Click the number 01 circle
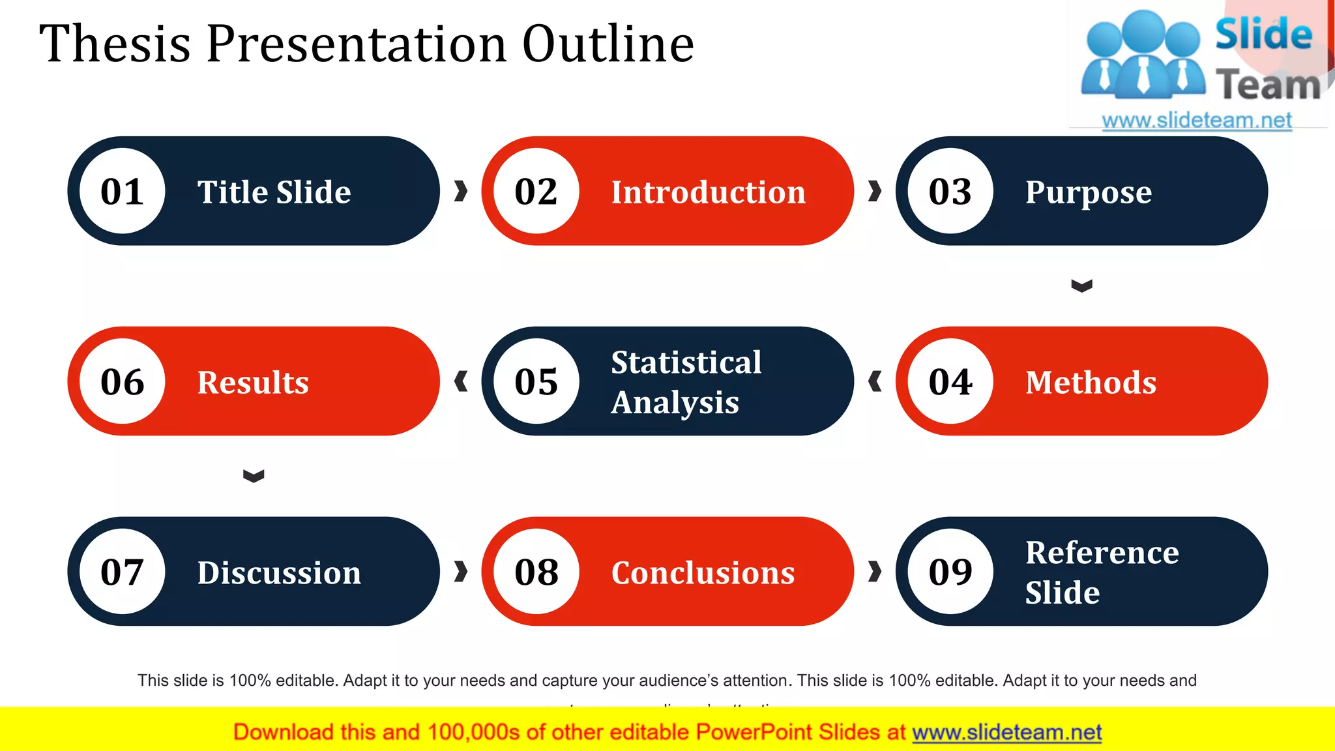point(122,191)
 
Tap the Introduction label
point(708,192)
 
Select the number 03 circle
point(950,191)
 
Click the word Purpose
point(1088,192)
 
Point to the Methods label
point(1091,383)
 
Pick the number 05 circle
point(536,381)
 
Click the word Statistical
point(686,362)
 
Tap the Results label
point(253,383)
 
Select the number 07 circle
point(122,572)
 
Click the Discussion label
point(279,573)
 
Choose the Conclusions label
point(703,573)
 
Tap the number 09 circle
point(950,572)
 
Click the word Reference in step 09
point(1102,553)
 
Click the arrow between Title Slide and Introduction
point(461,191)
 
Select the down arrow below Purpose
point(1081,286)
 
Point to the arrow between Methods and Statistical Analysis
point(875,381)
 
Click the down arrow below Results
point(254,476)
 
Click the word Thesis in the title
point(115,44)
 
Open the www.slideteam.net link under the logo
point(1196,120)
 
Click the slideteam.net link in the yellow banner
point(1006,732)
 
